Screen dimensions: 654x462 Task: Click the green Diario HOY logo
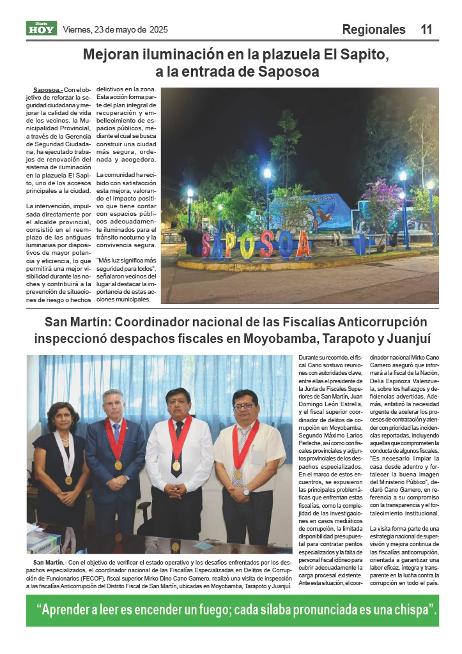pyautogui.click(x=42, y=28)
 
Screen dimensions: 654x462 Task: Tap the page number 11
pyautogui.click(x=426, y=29)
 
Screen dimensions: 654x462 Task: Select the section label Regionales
pyautogui.click(x=374, y=29)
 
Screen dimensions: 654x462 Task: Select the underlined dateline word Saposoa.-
pyautogui.click(x=47, y=91)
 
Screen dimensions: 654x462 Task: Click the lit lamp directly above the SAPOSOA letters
pyautogui.click(x=267, y=173)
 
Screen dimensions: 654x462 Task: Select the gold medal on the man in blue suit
pyautogui.click(x=118, y=465)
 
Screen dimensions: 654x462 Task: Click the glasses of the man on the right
pyautogui.click(x=244, y=407)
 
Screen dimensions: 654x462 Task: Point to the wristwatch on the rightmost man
pyautogui.click(x=246, y=492)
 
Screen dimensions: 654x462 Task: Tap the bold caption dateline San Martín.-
pyautogui.click(x=49, y=563)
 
